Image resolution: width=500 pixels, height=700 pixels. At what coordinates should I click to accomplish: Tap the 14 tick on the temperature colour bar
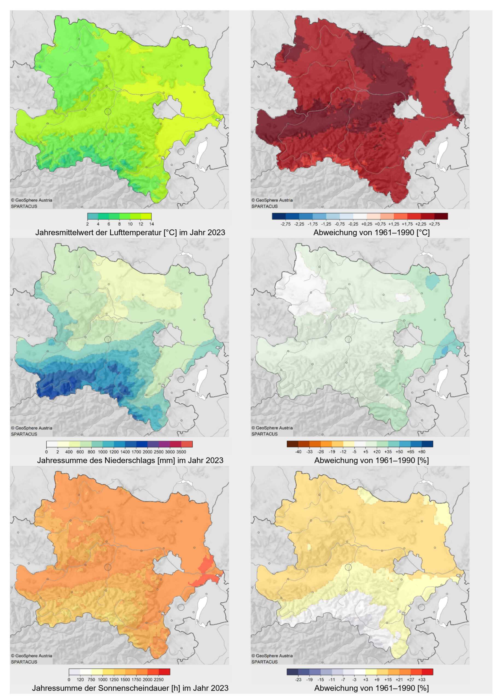pyautogui.click(x=151, y=224)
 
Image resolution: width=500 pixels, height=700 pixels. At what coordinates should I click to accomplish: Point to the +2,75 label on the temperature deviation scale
pyautogui.click(x=434, y=224)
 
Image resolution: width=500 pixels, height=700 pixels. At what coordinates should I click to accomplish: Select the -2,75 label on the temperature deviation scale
pyautogui.click(x=285, y=224)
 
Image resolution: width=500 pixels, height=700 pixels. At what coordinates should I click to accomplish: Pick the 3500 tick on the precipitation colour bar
pyautogui.click(x=181, y=452)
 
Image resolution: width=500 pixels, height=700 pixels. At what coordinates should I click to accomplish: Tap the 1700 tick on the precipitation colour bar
pyautogui.click(x=136, y=452)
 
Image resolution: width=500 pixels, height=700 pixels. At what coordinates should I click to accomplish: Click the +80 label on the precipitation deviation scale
pyautogui.click(x=422, y=451)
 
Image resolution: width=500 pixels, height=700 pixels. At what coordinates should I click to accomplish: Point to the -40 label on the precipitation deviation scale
pyautogui.click(x=298, y=451)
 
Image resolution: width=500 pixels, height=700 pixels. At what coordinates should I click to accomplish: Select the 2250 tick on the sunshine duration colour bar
pyautogui.click(x=159, y=679)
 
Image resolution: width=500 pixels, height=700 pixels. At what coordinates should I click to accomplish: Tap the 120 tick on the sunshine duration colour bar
pyautogui.click(x=80, y=679)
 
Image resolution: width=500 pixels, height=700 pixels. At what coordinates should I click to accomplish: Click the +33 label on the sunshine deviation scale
pyautogui.click(x=422, y=679)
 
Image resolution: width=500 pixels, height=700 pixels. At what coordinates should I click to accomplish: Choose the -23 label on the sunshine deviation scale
pyautogui.click(x=298, y=679)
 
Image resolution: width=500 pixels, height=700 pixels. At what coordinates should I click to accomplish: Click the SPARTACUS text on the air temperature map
pyautogui.click(x=24, y=206)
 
